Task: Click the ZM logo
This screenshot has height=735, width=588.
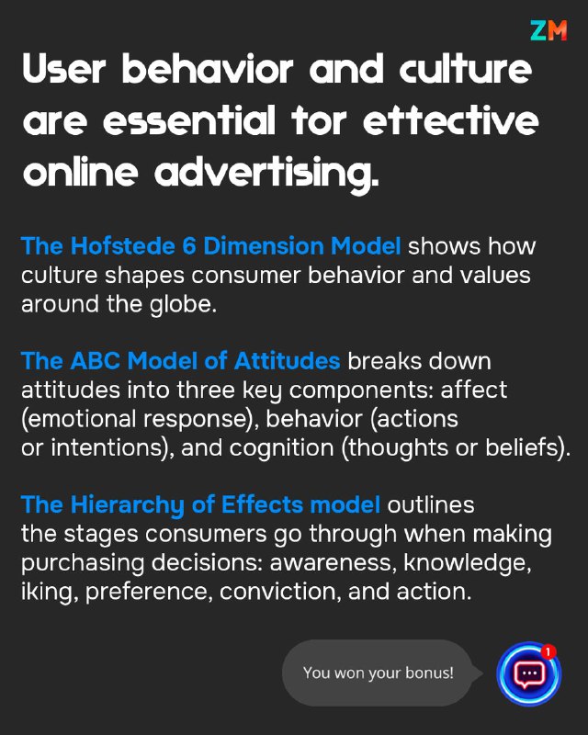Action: (548, 30)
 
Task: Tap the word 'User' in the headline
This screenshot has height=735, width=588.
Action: (64, 69)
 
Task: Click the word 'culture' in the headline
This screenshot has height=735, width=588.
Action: (466, 68)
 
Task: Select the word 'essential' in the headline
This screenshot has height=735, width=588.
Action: (189, 120)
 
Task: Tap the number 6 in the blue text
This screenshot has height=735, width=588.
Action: (189, 246)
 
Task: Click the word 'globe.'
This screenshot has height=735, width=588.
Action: (183, 304)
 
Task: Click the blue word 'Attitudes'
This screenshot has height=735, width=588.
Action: (287, 361)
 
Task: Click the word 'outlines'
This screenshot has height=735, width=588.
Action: (431, 504)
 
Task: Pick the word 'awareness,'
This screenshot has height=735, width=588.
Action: (331, 563)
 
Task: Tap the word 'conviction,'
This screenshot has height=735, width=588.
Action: (280, 592)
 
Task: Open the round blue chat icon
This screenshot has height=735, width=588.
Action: (529, 673)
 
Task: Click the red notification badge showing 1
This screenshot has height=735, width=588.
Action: (548, 651)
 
